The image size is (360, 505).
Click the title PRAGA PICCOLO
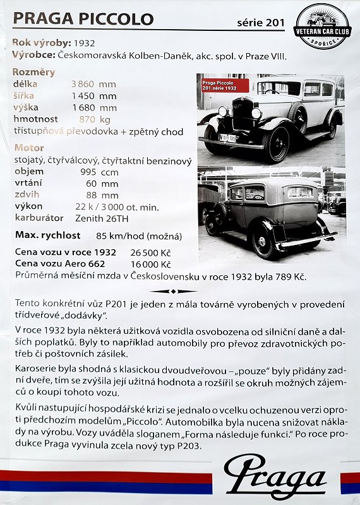coord(83,19)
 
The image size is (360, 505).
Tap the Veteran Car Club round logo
coord(322,26)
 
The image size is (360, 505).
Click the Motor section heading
coord(29,148)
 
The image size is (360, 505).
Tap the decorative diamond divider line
coord(174,291)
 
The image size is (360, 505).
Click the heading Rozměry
coord(33,72)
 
